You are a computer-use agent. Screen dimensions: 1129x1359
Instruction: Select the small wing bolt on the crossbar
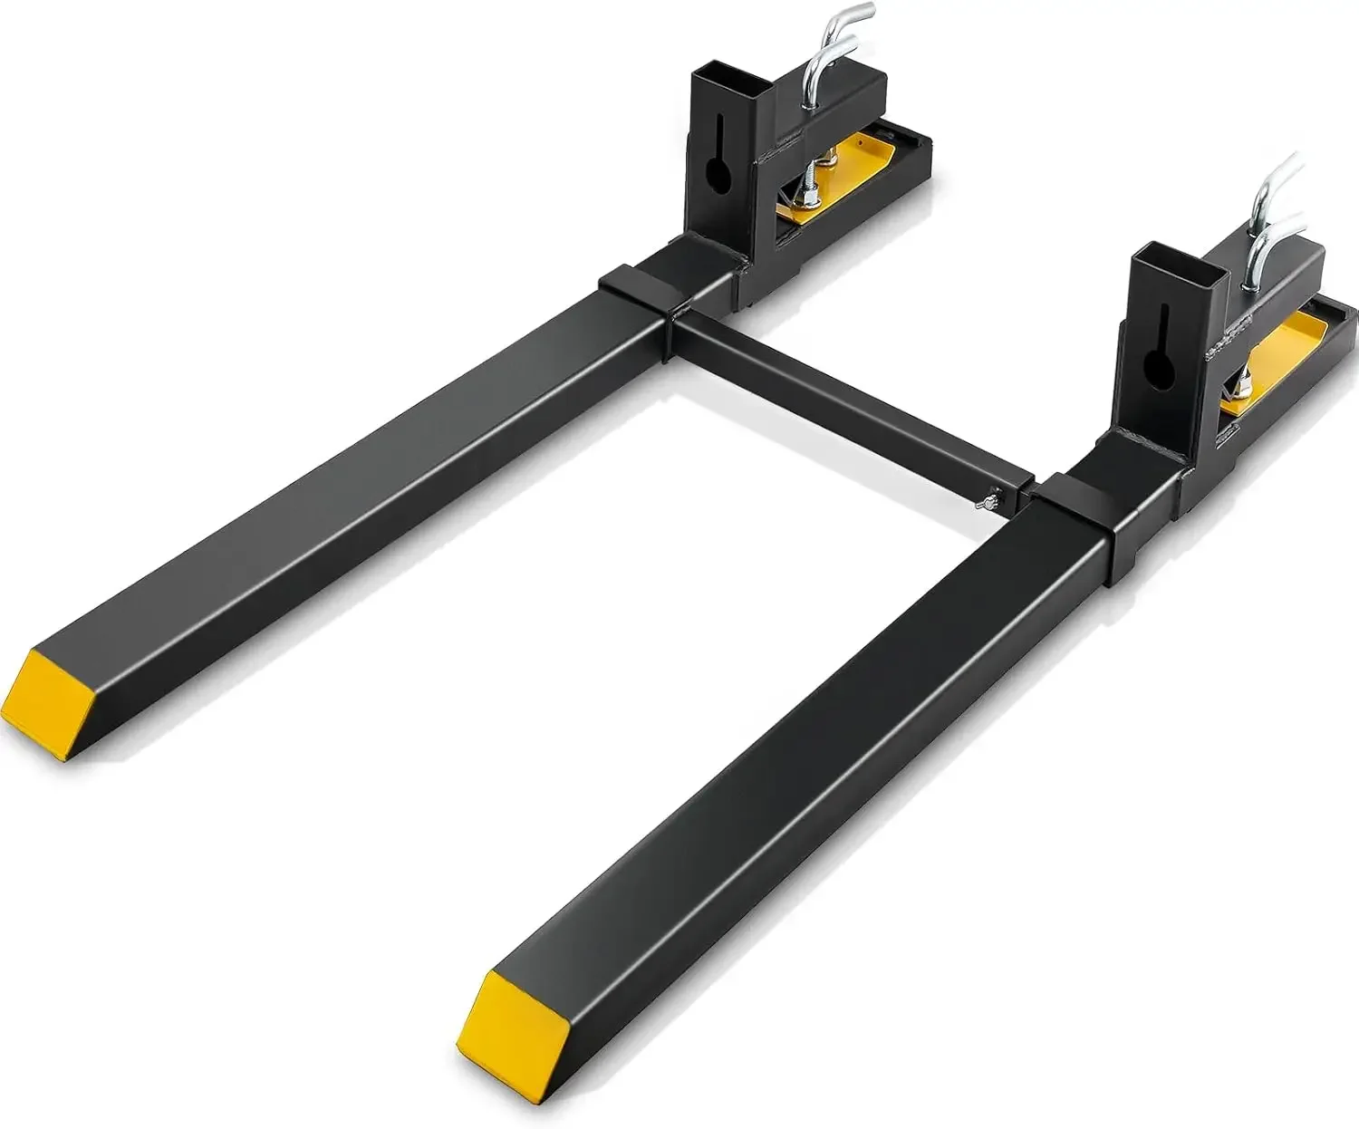(x=989, y=499)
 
